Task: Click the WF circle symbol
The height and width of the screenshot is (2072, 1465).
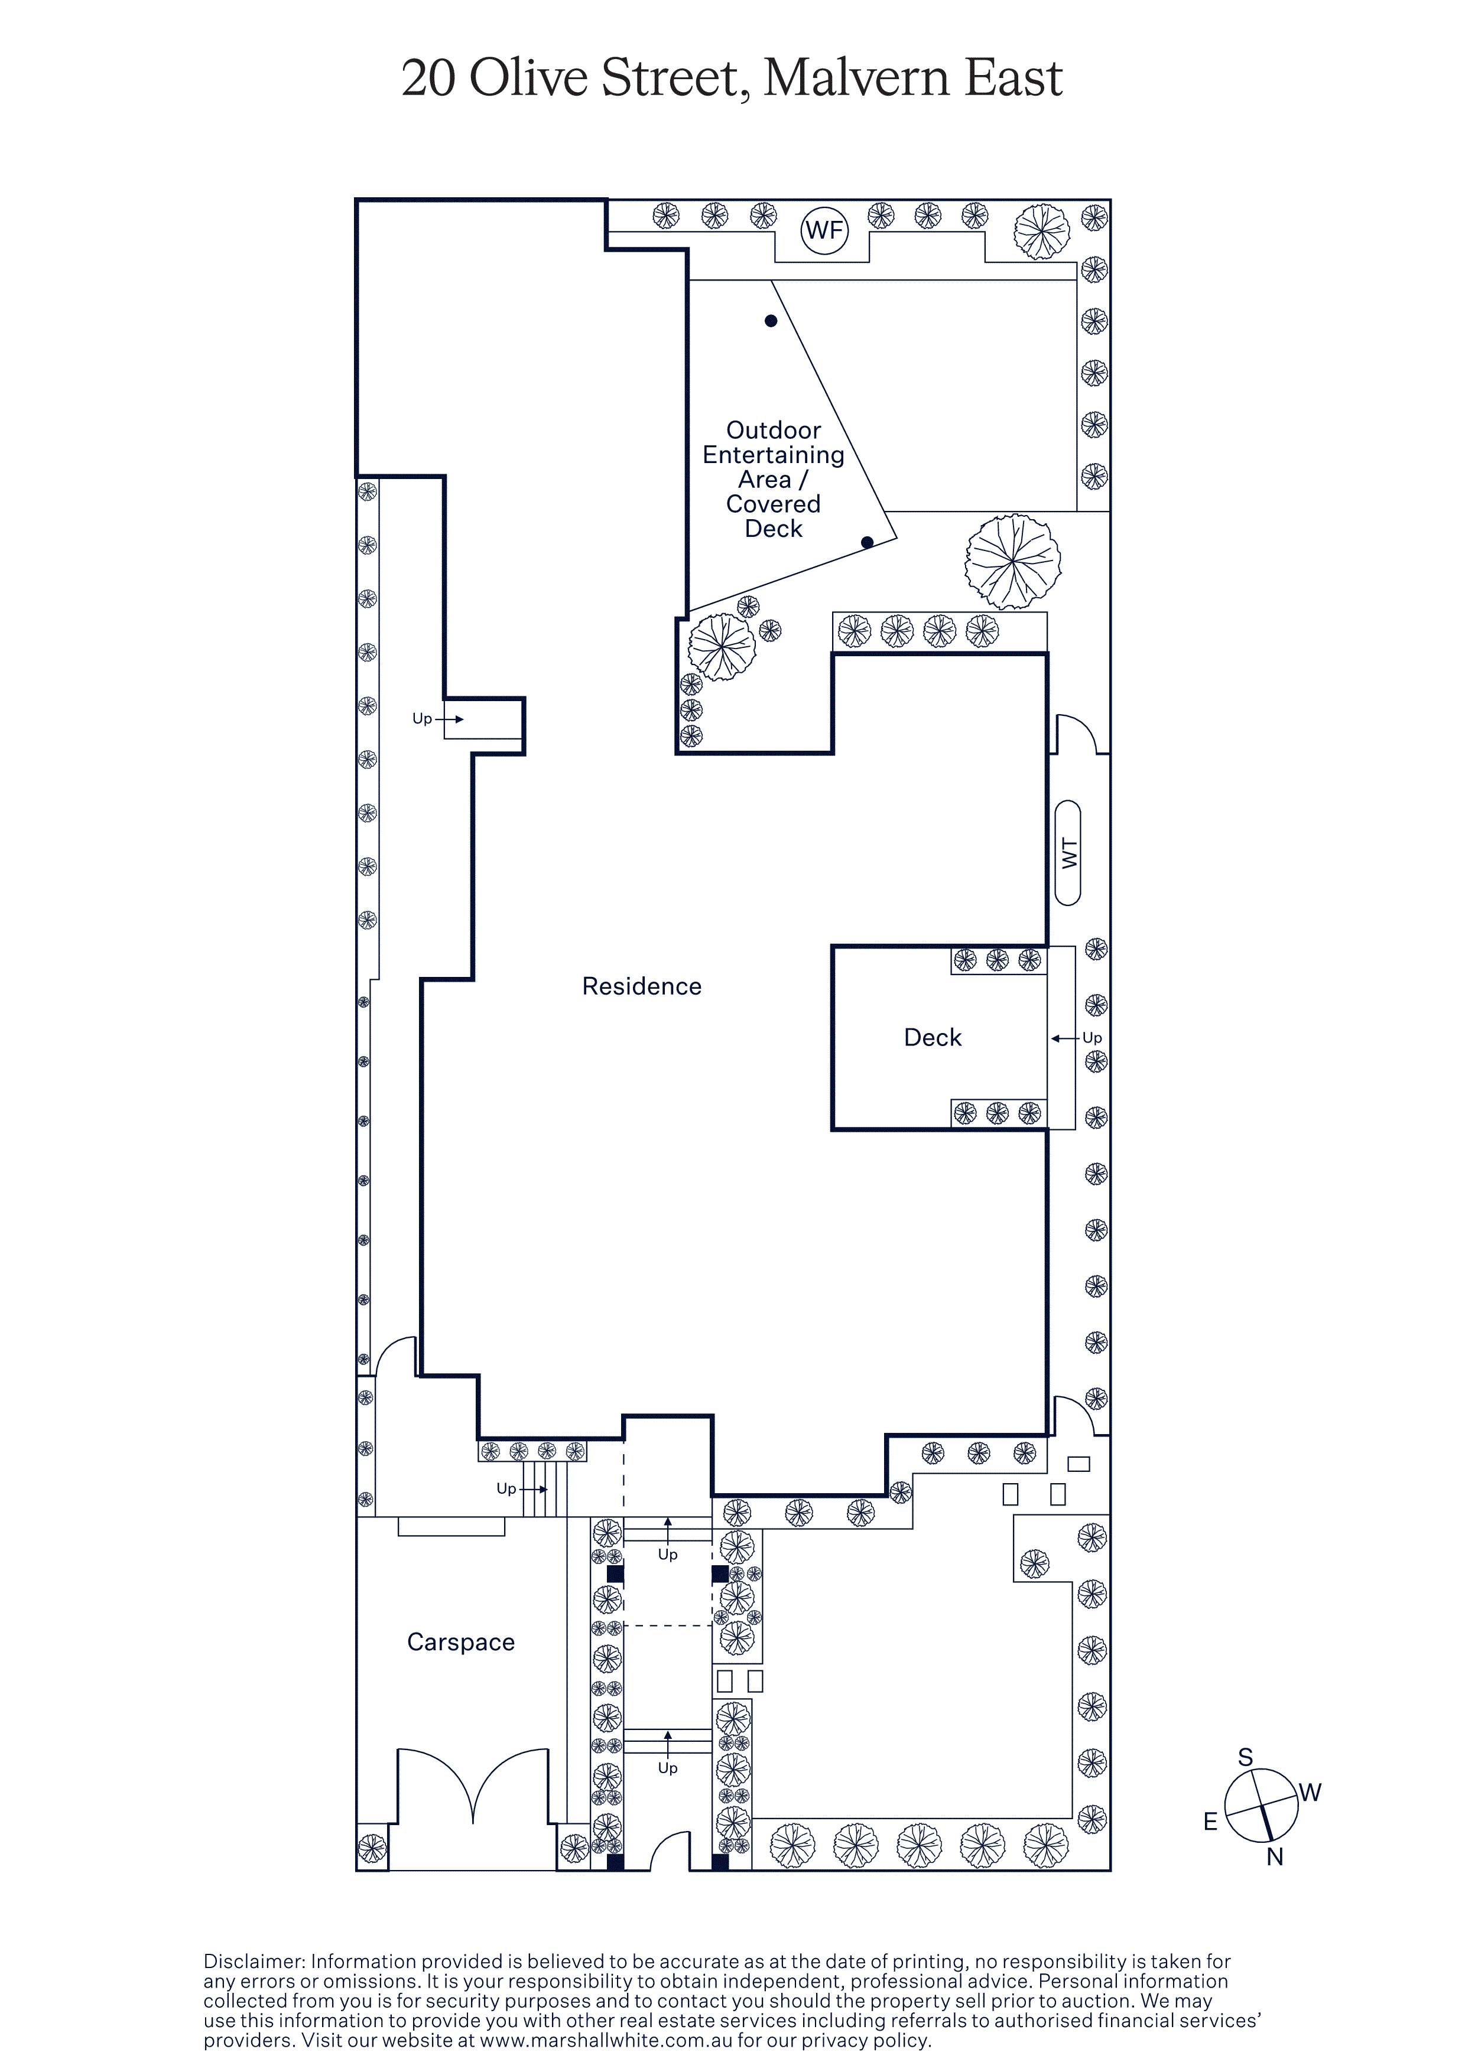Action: (x=824, y=230)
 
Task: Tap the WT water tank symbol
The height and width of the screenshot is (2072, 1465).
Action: (x=1068, y=853)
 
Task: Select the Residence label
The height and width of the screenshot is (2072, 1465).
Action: (x=642, y=986)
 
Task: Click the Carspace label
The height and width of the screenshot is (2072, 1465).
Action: (x=462, y=1643)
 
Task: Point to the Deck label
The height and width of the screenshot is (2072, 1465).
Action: (x=933, y=1038)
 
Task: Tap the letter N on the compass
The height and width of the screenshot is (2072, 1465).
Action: (x=1275, y=1856)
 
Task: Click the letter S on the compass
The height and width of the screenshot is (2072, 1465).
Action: (x=1246, y=1757)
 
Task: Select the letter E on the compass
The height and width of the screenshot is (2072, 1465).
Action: (x=1210, y=1822)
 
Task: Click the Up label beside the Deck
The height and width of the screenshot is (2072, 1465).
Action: (x=1092, y=1038)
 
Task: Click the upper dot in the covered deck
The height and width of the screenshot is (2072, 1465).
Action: (x=771, y=320)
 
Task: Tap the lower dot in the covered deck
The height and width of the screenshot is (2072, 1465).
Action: (x=868, y=542)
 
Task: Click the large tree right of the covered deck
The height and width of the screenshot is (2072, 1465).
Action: (x=1013, y=561)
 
